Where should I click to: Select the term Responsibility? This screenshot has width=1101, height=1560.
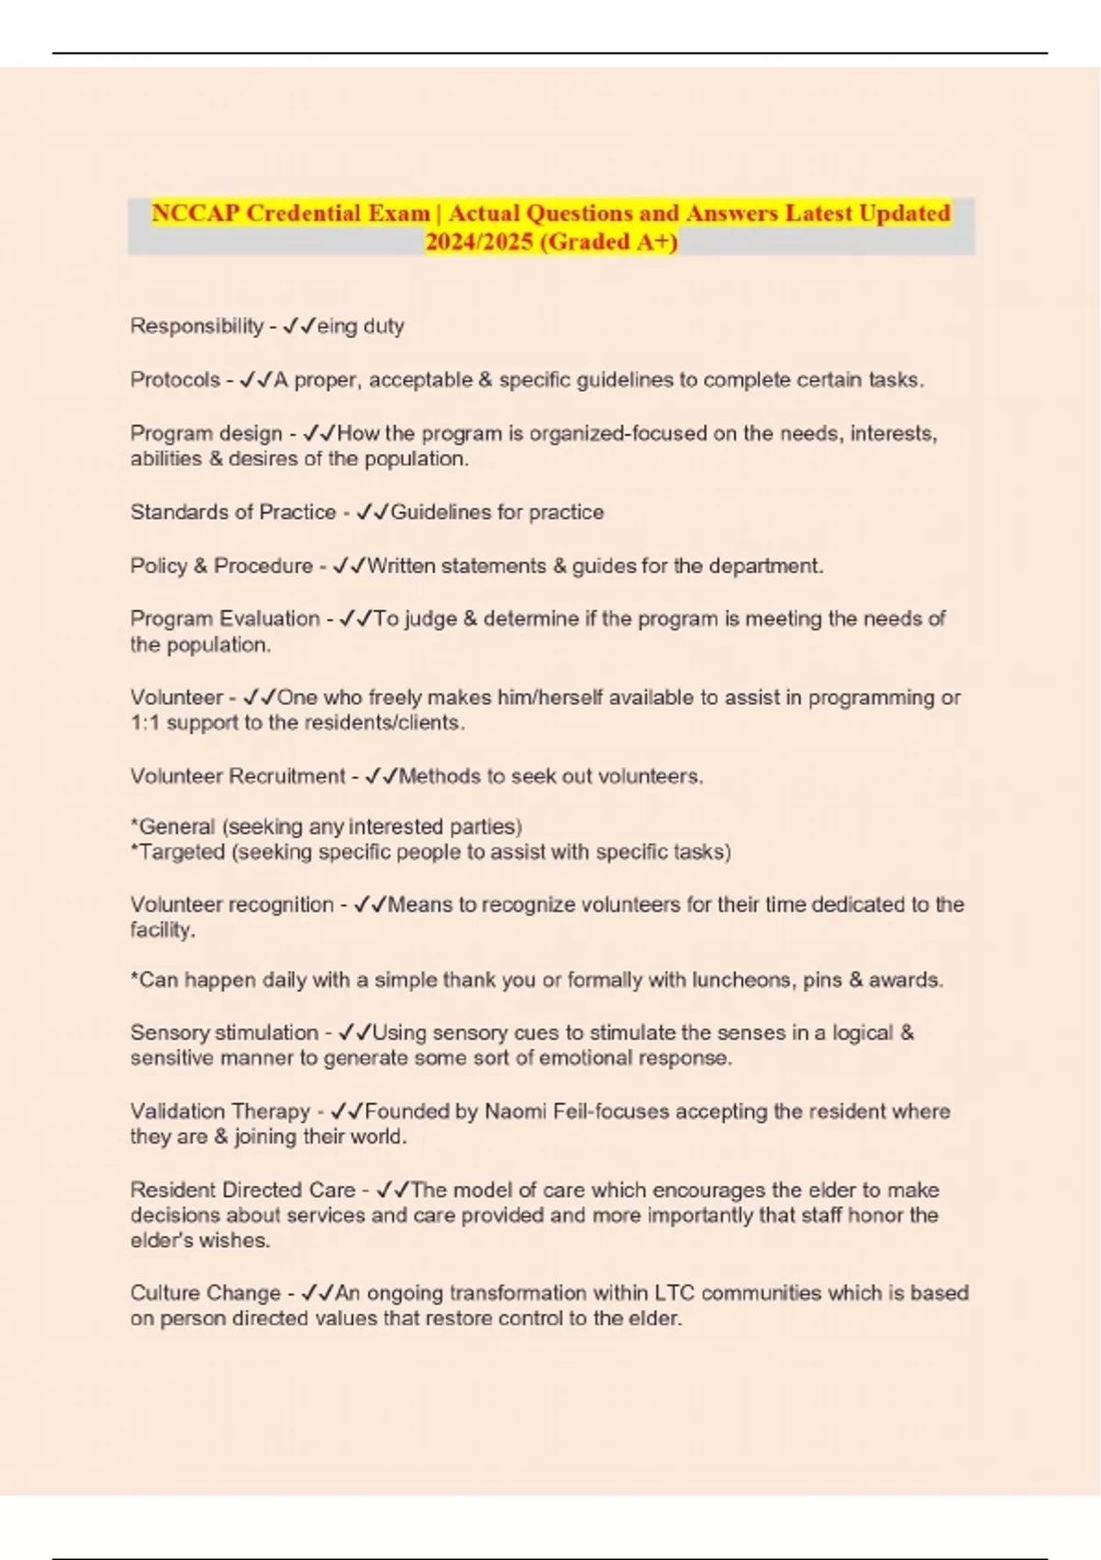(196, 326)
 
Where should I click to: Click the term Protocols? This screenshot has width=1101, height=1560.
(175, 379)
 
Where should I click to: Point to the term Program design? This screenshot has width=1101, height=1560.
(206, 433)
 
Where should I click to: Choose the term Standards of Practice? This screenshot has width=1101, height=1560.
(233, 512)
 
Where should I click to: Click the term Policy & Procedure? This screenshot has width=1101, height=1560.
(221, 565)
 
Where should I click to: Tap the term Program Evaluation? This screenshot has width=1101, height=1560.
(225, 618)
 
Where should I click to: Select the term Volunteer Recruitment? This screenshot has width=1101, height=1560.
(238, 776)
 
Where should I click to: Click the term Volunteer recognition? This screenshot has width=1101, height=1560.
(232, 904)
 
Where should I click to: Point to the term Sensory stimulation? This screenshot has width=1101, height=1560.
(224, 1032)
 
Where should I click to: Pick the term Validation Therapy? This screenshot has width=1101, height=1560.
(220, 1111)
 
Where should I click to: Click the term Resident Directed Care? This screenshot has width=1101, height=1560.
(242, 1190)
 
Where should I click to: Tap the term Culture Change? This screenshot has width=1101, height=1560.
(206, 1293)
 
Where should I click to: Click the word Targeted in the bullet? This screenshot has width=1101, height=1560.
(182, 852)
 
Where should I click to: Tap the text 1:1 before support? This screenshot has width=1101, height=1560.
(145, 723)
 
